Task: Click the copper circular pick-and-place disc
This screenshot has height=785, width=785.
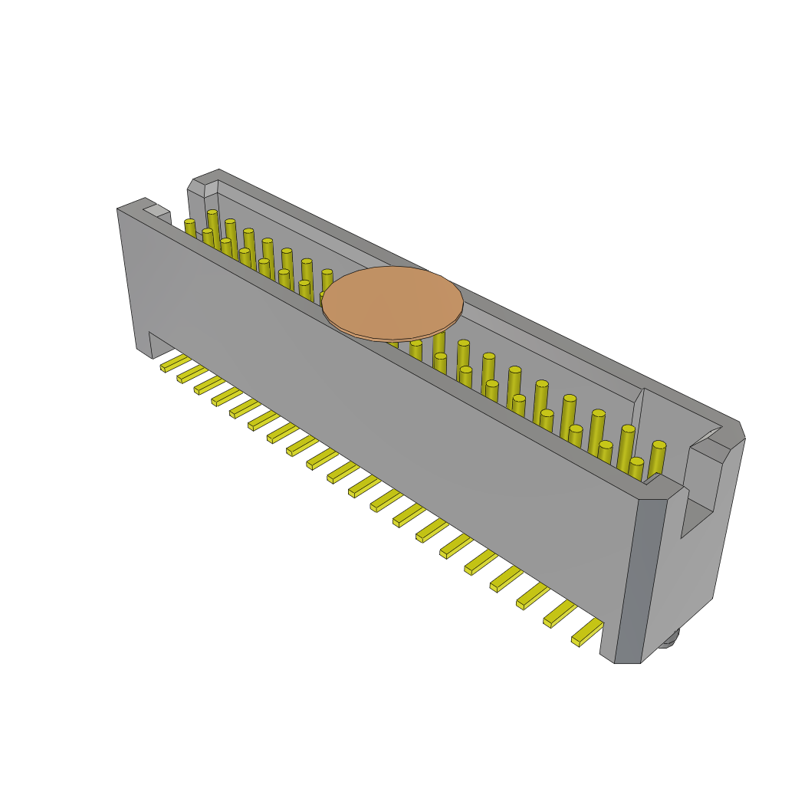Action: [392, 303]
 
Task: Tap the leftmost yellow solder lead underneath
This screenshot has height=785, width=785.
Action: [175, 363]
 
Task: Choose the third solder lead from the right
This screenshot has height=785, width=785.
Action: [533, 596]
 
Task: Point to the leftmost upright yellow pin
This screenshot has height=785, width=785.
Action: [189, 227]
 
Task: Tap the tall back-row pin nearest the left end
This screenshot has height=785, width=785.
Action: [212, 224]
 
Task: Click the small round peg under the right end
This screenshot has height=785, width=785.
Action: [668, 638]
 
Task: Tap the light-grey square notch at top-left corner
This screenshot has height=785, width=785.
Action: [156, 210]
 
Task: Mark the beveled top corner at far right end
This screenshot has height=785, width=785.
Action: [733, 434]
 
